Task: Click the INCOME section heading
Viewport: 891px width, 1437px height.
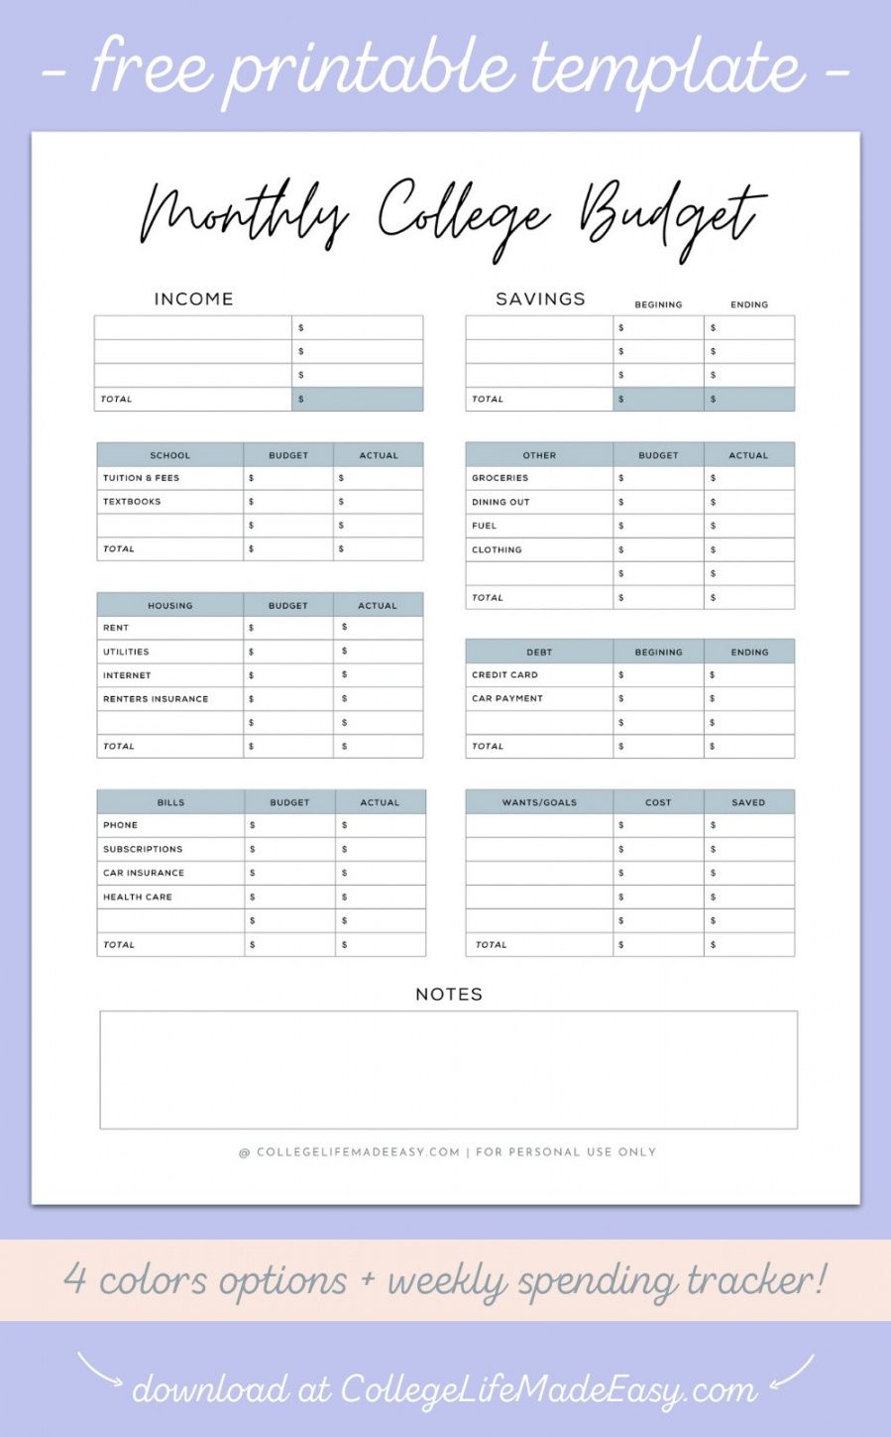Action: [x=193, y=299]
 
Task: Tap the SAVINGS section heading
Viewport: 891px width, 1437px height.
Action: [x=540, y=299]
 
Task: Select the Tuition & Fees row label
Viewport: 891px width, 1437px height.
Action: [x=141, y=478]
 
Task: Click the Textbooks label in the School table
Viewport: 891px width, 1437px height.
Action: [x=132, y=502]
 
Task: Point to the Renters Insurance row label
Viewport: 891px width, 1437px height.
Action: [x=156, y=699]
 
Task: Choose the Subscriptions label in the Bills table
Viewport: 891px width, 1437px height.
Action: [x=143, y=849]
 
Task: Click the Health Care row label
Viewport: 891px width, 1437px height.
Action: [x=138, y=897]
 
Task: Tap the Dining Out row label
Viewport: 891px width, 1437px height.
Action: [x=501, y=502]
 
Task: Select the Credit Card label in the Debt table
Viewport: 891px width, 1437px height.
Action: [x=504, y=674]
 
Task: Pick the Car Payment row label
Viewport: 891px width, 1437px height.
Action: [x=507, y=698]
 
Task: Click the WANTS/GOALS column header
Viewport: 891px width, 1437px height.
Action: [x=539, y=802]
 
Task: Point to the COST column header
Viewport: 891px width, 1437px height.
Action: [x=658, y=802]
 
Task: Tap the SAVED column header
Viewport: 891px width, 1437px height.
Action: [x=748, y=802]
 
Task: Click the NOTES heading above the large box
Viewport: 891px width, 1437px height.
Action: [x=449, y=994]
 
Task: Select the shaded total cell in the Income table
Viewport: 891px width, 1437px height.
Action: [x=357, y=399]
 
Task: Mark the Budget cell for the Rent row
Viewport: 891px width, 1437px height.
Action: [x=287, y=628]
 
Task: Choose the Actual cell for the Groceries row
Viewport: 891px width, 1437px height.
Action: [x=748, y=478]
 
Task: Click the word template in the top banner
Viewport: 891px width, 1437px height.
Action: [x=666, y=67]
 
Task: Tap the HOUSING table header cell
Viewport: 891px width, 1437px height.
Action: [x=169, y=605]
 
